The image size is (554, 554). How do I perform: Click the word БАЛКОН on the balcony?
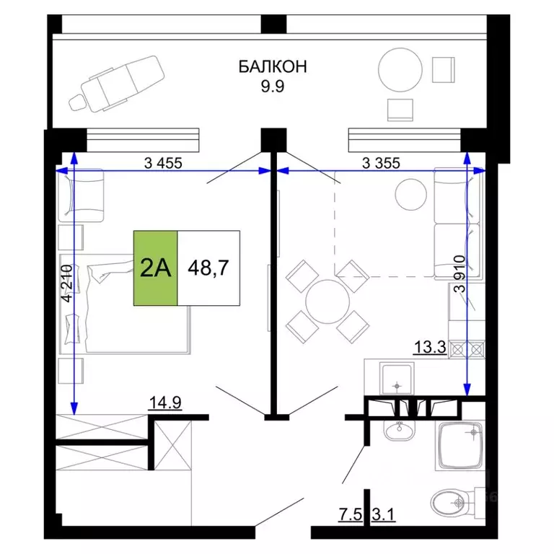(273, 67)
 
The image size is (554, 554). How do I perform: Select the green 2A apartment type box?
(155, 268)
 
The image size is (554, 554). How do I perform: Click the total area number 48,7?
(208, 268)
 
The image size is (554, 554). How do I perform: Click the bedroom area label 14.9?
(164, 403)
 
